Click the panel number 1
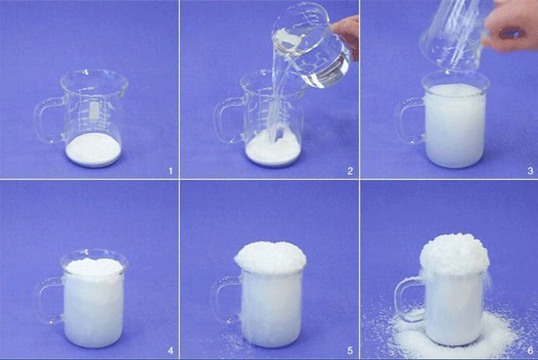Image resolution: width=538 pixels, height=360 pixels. point(170,170)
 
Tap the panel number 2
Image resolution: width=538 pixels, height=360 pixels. point(350,170)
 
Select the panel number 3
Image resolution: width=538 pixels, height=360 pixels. point(530,170)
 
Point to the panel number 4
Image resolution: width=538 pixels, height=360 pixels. point(170,350)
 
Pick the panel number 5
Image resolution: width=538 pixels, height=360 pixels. point(350,350)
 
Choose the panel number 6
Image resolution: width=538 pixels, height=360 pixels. point(530,350)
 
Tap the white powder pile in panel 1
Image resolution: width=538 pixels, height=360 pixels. point(93,150)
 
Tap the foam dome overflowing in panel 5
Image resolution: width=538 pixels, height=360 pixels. point(270,258)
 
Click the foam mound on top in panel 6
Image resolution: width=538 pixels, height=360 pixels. point(455,254)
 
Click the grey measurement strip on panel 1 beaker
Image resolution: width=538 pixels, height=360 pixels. point(94,110)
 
